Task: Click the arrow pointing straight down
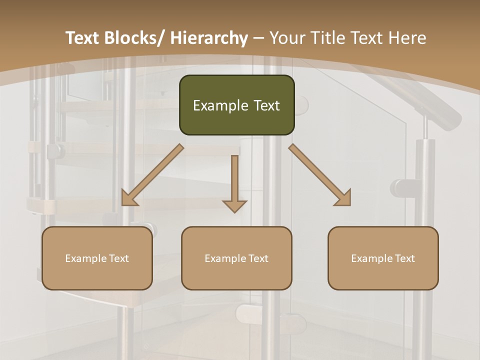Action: click(235, 182)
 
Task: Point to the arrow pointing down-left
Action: click(152, 175)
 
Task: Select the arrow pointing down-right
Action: click(319, 175)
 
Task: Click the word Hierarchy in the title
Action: click(209, 38)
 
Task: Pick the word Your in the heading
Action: click(287, 38)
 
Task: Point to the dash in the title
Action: click(259, 38)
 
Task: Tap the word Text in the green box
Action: click(265, 105)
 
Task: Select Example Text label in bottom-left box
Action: click(97, 258)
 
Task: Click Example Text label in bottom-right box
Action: click(383, 258)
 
